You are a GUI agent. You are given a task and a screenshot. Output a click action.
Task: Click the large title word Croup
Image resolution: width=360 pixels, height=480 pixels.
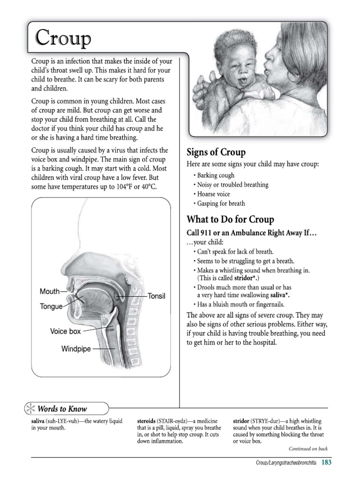coord(63,37)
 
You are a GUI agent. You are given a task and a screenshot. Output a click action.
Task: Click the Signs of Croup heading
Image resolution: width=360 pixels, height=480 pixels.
coord(216,152)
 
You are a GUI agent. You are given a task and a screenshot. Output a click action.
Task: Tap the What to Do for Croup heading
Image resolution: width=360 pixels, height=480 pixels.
coord(230,219)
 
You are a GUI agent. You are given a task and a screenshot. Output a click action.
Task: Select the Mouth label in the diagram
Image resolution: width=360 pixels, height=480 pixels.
coord(50,291)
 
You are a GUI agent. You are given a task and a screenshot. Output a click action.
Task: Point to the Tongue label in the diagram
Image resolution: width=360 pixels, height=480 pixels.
coord(51,307)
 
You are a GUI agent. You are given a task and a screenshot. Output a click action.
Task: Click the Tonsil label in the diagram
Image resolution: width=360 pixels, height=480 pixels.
coord(157,296)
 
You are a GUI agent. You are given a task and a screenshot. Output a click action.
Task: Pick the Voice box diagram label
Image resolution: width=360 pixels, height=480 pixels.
coord(66,331)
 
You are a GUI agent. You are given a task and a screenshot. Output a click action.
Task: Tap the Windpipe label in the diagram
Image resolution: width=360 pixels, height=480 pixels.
coord(76,349)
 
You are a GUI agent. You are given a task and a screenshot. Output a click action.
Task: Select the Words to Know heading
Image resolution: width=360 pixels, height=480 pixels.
coord(68,409)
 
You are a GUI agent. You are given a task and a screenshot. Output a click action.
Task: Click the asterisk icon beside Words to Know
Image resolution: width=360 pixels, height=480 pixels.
coord(30,409)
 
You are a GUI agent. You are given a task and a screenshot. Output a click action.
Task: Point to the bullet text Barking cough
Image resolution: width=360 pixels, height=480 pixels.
coord(216,175)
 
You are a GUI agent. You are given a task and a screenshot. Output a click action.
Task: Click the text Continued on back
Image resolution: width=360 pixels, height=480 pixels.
coord(308,449)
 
